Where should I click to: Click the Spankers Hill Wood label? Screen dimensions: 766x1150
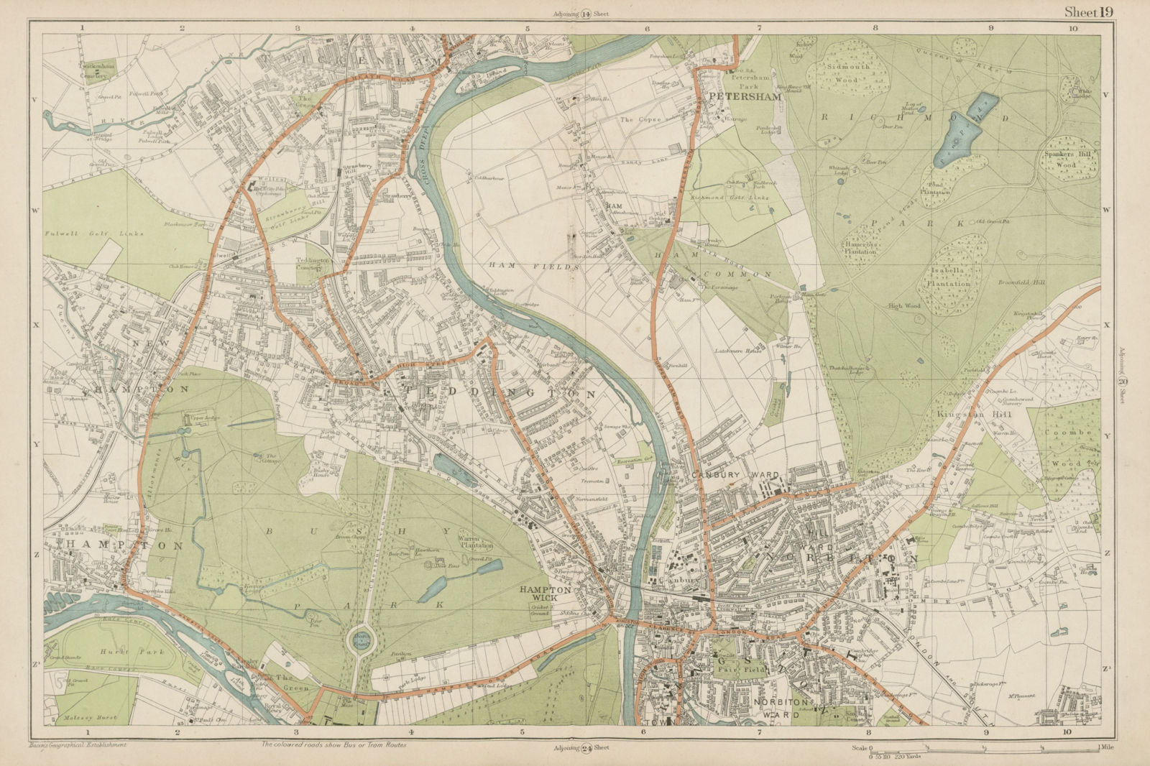(1066, 160)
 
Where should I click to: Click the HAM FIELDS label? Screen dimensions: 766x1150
(534, 267)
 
